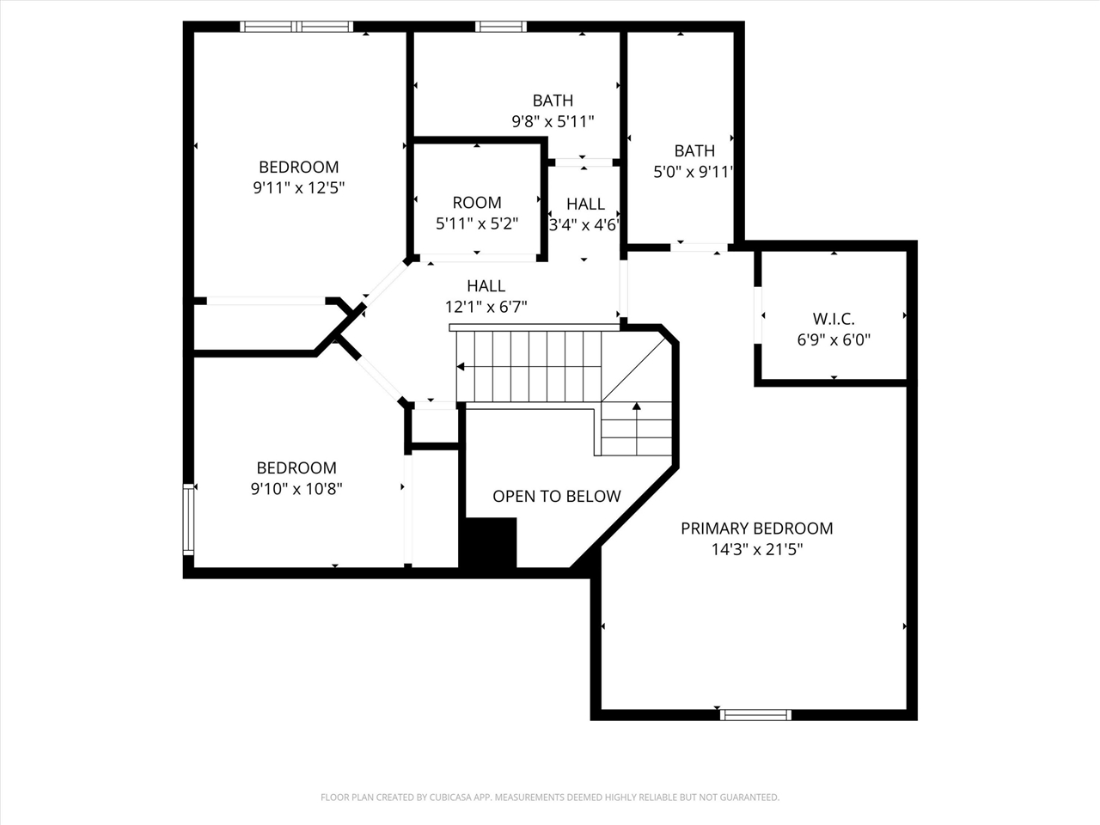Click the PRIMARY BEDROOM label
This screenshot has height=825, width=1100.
pos(756,529)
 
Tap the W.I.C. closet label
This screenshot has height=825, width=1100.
pos(834,319)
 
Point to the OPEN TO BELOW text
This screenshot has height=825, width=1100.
pos(556,497)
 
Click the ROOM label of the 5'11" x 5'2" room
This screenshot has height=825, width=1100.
pos(477,203)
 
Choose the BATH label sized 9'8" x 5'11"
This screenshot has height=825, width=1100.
pos(553,101)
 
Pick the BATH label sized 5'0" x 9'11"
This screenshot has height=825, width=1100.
pos(694,151)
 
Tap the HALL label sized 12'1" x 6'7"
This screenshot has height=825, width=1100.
pos(486,286)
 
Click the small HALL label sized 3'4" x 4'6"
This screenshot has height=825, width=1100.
pos(585,205)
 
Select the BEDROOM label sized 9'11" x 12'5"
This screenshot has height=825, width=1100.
pos(298,168)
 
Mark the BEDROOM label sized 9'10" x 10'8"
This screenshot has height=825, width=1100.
pos(296,468)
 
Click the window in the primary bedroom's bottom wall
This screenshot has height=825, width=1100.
pos(755,714)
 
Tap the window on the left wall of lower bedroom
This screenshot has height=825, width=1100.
pos(188,518)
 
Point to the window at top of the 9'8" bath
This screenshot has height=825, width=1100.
pos(501,27)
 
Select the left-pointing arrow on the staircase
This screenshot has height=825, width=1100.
pos(461,367)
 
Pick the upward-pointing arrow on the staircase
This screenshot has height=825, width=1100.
pos(637,406)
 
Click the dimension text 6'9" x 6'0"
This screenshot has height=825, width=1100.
pos(834,339)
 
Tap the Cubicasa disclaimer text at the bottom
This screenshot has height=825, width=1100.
pos(550,797)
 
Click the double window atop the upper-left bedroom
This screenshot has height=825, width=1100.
pos(296,27)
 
